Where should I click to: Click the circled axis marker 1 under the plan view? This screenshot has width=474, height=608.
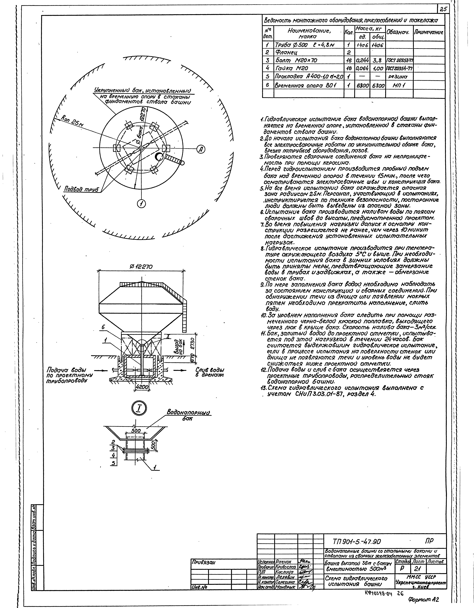point(142,204)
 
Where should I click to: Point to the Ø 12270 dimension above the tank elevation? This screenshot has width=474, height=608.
point(141,267)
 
